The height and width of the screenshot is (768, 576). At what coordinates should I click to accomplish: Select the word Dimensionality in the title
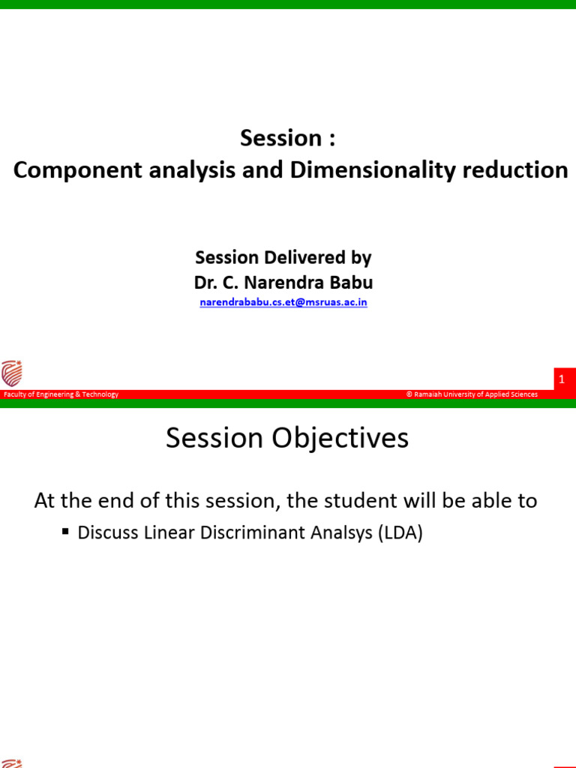coord(373,171)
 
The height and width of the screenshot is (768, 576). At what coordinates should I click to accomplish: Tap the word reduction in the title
coord(515,170)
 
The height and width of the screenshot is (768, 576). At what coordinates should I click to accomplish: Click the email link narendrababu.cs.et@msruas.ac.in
coord(283,302)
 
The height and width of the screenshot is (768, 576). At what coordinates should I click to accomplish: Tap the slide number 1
coord(562,379)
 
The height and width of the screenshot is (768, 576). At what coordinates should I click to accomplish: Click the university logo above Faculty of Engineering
coord(12,373)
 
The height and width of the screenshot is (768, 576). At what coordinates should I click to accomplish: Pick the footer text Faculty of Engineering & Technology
coord(61,394)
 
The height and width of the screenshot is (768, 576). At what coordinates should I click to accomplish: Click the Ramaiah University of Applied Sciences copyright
coord(472,394)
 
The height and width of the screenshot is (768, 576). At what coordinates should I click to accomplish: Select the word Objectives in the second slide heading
coord(340,438)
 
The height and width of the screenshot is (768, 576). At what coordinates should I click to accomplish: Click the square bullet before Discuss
coord(66,531)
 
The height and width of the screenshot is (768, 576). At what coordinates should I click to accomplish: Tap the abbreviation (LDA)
coord(400,533)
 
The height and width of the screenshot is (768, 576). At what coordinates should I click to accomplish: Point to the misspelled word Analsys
coord(341,533)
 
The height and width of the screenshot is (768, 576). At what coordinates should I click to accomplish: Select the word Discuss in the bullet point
coord(108,532)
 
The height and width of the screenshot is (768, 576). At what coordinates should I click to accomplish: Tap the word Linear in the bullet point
coord(169,532)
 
